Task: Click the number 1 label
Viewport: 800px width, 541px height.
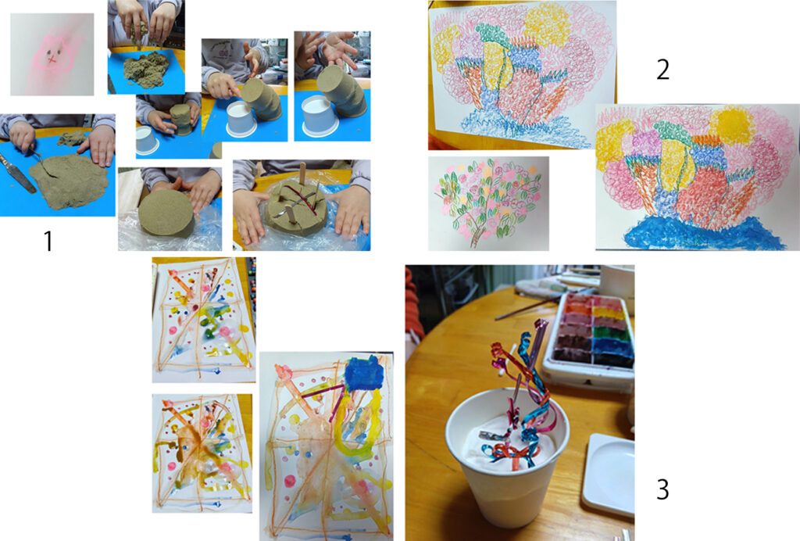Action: click(48, 241)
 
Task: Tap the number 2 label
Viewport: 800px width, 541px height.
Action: click(662, 70)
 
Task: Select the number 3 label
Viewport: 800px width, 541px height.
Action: click(662, 489)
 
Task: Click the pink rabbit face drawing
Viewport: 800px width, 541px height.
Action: click(53, 54)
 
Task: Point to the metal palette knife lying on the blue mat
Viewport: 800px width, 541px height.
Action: click(19, 173)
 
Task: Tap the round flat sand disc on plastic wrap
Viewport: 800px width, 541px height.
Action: click(166, 213)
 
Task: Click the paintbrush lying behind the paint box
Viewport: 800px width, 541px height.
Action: click(526, 308)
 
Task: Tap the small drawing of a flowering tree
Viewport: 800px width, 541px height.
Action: click(487, 203)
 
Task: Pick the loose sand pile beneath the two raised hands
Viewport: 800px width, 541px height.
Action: click(146, 68)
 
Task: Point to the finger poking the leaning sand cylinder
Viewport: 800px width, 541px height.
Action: click(233, 92)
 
